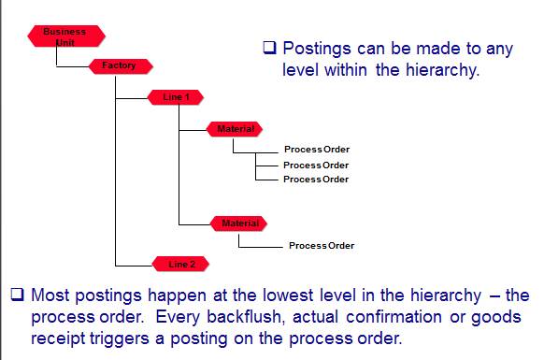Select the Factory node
119,66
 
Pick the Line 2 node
181,265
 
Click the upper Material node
235,128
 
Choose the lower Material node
239,223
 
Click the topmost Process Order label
316,150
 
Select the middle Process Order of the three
316,165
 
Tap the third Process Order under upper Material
316,179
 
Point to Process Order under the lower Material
321,246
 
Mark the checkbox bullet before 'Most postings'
18,295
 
